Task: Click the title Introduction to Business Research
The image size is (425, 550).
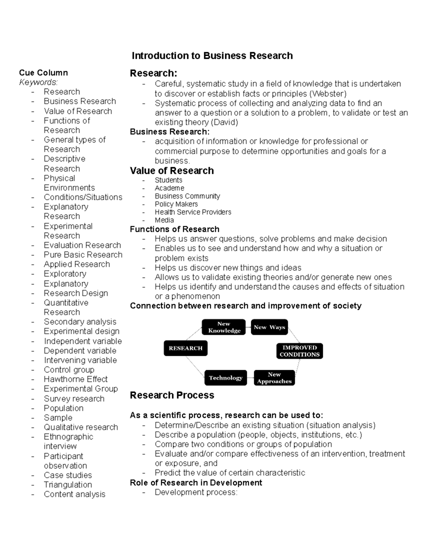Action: [x=212, y=56]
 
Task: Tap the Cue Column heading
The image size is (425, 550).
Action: [x=43, y=73]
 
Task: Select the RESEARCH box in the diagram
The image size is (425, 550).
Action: [x=186, y=348]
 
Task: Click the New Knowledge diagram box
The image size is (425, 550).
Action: [x=224, y=327]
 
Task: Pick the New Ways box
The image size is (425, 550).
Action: [x=269, y=327]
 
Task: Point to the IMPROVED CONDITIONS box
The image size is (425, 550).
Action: [x=299, y=351]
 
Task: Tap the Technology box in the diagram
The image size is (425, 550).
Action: [x=225, y=378]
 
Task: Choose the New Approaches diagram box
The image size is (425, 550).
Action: [x=274, y=378]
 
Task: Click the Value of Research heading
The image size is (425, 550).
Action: [x=172, y=171]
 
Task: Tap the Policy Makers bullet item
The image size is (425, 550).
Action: [x=176, y=204]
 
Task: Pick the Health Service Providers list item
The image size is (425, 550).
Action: [x=193, y=212]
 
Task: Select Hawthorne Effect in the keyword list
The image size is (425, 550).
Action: [x=75, y=379]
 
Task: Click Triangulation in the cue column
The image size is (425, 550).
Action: [x=68, y=485]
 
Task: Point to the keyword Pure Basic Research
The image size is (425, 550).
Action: [x=83, y=255]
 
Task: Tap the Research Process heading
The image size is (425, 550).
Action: [x=172, y=395]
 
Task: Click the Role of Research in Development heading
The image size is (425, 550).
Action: [x=196, y=483]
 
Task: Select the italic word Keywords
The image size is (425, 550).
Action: [x=38, y=82]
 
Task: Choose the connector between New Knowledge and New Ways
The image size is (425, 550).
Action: [x=248, y=327]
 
